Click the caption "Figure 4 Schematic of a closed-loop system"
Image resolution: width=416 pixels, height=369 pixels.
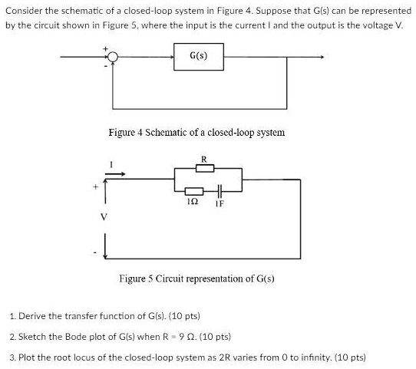click(x=197, y=132)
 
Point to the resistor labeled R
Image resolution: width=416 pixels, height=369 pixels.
click(x=204, y=168)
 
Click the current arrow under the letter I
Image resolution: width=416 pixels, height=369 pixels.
click(x=114, y=173)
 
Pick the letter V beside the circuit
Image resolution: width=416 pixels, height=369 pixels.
click(x=96, y=216)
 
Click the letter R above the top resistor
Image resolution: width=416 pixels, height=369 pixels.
click(x=203, y=159)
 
